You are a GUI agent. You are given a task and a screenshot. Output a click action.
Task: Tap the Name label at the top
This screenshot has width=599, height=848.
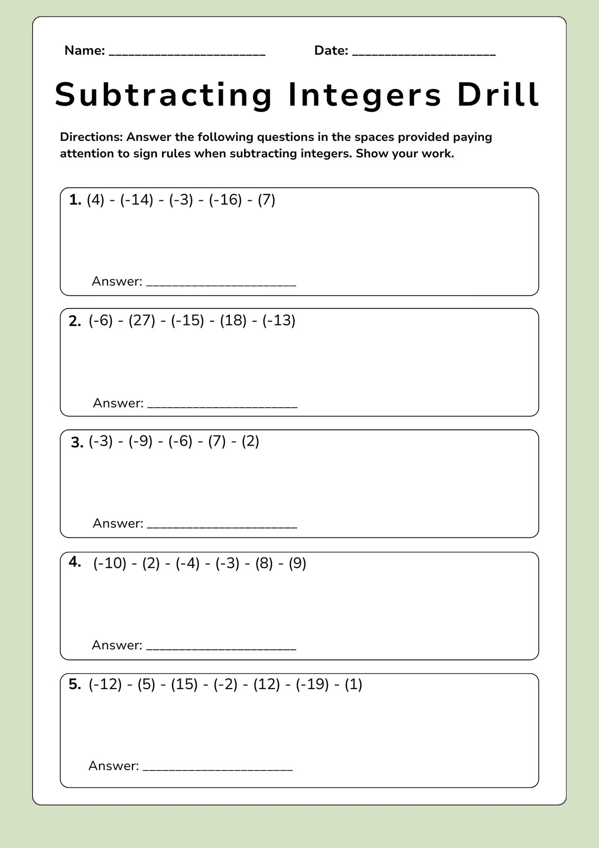click(84, 51)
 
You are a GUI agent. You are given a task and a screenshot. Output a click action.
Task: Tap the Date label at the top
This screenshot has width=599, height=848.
click(331, 51)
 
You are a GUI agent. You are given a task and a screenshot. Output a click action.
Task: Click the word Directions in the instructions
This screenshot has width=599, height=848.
click(91, 137)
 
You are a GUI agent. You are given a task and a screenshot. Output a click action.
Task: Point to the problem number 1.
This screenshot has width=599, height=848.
click(75, 200)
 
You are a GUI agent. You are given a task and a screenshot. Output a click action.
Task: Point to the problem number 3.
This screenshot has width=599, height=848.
click(77, 443)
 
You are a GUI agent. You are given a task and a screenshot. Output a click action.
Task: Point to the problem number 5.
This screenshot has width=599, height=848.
click(75, 685)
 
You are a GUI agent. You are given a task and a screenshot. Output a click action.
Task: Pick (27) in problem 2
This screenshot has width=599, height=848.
click(142, 321)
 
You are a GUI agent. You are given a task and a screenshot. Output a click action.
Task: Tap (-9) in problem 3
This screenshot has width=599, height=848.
click(141, 441)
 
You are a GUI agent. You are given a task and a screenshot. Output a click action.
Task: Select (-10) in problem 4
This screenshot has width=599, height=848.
click(110, 563)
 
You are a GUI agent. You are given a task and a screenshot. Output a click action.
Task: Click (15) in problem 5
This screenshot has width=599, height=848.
click(184, 684)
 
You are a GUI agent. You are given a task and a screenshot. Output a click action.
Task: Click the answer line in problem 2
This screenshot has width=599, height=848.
click(222, 407)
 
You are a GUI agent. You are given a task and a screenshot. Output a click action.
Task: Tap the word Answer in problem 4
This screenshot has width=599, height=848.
click(117, 645)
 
